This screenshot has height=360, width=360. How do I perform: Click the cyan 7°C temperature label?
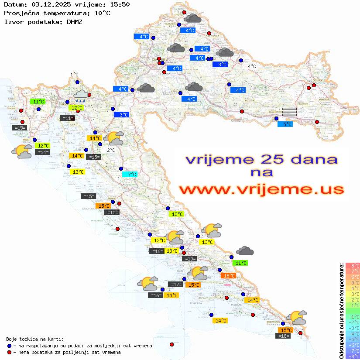(130, 174)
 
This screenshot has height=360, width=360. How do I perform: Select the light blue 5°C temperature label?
(285, 124)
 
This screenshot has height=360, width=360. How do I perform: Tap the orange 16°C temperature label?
(228, 275)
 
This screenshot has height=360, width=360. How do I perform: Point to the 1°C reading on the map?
(74, 75)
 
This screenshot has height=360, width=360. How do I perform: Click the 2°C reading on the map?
(111, 150)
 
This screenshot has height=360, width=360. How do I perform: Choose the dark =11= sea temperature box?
(67, 118)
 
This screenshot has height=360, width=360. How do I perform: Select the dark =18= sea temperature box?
(284, 336)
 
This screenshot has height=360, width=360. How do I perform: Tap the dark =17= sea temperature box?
(175, 285)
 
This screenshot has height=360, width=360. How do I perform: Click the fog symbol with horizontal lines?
(289, 111)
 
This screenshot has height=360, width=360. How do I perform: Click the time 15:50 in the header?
(120, 4)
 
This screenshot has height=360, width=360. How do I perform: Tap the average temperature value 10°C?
(102, 13)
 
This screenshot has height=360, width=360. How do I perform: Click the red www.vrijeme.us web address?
(261, 189)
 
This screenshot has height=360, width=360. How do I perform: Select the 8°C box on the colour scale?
(353, 265)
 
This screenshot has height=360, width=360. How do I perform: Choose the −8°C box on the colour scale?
(353, 356)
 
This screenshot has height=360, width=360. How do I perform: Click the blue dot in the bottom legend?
(9, 346)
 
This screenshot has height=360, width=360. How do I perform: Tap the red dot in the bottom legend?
(9, 352)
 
